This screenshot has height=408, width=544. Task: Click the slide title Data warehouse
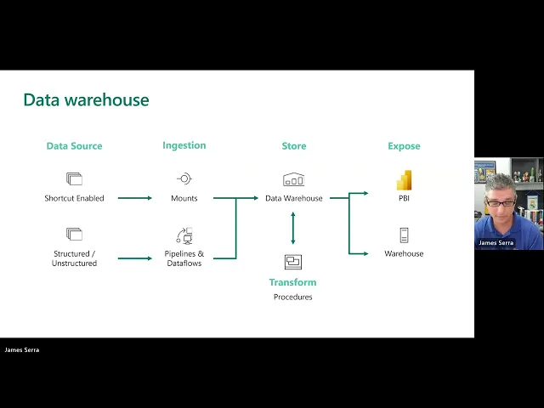tap(86, 100)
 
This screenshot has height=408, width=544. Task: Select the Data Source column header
tap(74, 146)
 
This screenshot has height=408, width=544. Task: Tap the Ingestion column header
tap(184, 145)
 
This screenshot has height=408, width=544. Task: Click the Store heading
tap(292, 146)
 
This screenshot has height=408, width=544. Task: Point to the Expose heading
tap(404, 146)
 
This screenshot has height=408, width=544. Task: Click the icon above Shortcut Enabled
tap(74, 179)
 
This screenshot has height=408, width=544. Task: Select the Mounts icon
tap(184, 179)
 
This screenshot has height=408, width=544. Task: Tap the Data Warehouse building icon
tap(293, 179)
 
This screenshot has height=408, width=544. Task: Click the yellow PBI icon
tap(404, 180)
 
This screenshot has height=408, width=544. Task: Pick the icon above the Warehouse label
tap(404, 235)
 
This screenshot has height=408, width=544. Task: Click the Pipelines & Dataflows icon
tap(184, 235)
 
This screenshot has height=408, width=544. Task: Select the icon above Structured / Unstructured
tap(74, 234)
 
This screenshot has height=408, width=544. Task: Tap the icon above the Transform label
tap(293, 262)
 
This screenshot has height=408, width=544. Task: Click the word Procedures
tap(292, 297)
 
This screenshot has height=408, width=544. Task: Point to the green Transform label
tap(292, 282)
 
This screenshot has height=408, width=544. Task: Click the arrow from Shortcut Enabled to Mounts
tap(135, 198)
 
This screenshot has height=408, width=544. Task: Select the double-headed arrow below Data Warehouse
tap(293, 228)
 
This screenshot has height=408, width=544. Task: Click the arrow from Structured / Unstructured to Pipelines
tap(135, 258)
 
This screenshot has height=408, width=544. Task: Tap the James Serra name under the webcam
tap(496, 243)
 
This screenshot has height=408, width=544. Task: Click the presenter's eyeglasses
tap(499, 203)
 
